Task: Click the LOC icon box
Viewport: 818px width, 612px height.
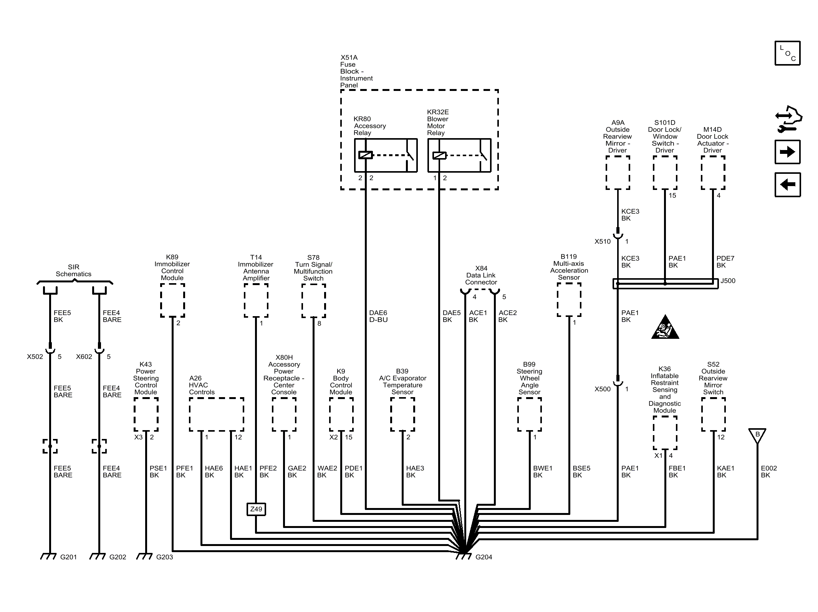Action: (787, 53)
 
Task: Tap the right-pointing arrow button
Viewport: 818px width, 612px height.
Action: (787, 152)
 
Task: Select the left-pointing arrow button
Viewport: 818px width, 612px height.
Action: (787, 185)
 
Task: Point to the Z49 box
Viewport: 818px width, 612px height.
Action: (256, 509)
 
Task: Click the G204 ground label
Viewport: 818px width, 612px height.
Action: (484, 557)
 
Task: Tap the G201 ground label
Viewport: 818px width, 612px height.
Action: (68, 557)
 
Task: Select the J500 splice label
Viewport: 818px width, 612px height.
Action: (728, 281)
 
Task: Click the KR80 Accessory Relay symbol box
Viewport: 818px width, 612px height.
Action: (386, 155)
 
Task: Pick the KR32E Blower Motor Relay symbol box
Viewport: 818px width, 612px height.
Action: (459, 155)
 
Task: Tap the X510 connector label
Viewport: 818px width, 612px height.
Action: (603, 242)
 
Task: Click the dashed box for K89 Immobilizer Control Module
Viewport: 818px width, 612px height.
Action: (172, 300)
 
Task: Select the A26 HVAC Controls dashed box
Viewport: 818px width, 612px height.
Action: (217, 414)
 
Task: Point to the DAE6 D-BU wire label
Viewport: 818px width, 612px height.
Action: (378, 316)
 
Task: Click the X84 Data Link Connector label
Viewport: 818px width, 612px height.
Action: (481, 275)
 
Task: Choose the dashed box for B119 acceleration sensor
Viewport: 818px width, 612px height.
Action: (569, 300)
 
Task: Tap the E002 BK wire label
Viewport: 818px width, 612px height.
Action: (769, 472)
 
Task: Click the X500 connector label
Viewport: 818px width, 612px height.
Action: (603, 389)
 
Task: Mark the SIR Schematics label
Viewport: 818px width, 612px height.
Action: (74, 271)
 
